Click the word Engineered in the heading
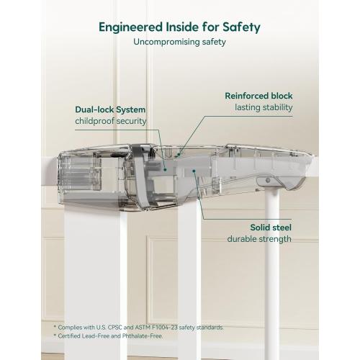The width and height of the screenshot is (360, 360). [131, 27]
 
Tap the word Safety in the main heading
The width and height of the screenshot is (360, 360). [241, 27]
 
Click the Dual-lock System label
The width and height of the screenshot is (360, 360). [110, 109]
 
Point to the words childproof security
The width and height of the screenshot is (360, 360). [111, 121]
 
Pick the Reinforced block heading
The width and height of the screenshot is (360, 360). [258, 96]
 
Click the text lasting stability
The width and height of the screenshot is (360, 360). [264, 107]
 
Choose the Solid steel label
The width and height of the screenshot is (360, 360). [271, 228]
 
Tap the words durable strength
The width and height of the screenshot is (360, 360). [259, 239]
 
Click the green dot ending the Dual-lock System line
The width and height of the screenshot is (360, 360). [165, 170]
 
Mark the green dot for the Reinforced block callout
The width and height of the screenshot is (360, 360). [179, 154]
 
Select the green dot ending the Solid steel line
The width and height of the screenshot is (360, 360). [194, 171]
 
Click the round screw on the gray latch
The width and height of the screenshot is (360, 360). [268, 180]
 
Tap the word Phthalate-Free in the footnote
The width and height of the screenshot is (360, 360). [142, 336]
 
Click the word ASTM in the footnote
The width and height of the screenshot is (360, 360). [141, 328]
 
